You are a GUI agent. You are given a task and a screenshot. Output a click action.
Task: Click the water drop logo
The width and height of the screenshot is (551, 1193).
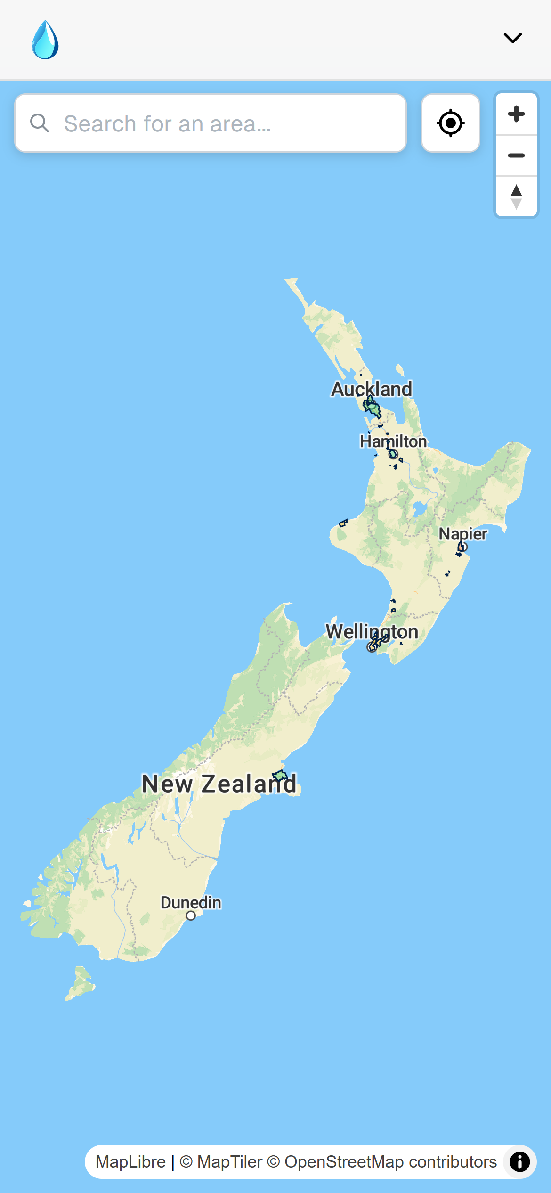[x=45, y=40]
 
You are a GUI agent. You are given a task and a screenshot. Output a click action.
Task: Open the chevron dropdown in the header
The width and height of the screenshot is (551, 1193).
[x=512, y=38]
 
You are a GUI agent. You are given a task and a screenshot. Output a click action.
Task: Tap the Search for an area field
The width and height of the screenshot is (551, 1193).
[x=226, y=123]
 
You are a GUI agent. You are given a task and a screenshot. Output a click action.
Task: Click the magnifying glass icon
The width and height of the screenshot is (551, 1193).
[x=40, y=123]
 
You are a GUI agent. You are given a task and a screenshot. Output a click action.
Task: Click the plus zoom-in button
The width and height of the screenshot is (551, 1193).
[x=516, y=114]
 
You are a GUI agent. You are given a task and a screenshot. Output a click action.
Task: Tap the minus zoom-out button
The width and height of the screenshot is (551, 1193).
[x=516, y=155]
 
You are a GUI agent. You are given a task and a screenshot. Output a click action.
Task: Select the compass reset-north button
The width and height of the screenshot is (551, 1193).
[x=516, y=196]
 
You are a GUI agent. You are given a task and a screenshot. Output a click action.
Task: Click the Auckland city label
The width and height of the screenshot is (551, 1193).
[x=372, y=389]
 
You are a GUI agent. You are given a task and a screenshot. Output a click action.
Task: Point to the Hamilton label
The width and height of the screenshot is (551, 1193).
[x=393, y=441]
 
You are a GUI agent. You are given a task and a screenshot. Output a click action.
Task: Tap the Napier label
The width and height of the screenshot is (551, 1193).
[x=463, y=534]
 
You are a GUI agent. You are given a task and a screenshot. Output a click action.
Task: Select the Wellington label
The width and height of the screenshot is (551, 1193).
[x=372, y=631]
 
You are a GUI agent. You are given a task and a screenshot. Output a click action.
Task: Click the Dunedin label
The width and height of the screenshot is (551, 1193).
[x=191, y=902]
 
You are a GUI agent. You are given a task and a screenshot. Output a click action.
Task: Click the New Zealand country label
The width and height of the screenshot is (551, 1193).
[x=219, y=784]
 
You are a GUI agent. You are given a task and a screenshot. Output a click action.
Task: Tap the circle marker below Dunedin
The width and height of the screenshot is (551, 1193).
[x=191, y=915]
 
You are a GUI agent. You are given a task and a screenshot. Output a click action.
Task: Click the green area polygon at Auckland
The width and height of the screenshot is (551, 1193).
[x=373, y=408]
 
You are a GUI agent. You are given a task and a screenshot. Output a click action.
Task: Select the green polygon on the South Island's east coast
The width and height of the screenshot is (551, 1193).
[x=280, y=775]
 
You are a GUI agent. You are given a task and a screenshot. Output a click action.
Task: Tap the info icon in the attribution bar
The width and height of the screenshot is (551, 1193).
[x=519, y=1162]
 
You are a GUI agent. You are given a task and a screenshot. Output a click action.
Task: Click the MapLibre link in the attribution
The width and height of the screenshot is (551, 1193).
[x=130, y=1162]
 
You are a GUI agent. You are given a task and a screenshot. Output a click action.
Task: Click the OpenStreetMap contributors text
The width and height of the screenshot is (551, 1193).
[x=390, y=1162]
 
